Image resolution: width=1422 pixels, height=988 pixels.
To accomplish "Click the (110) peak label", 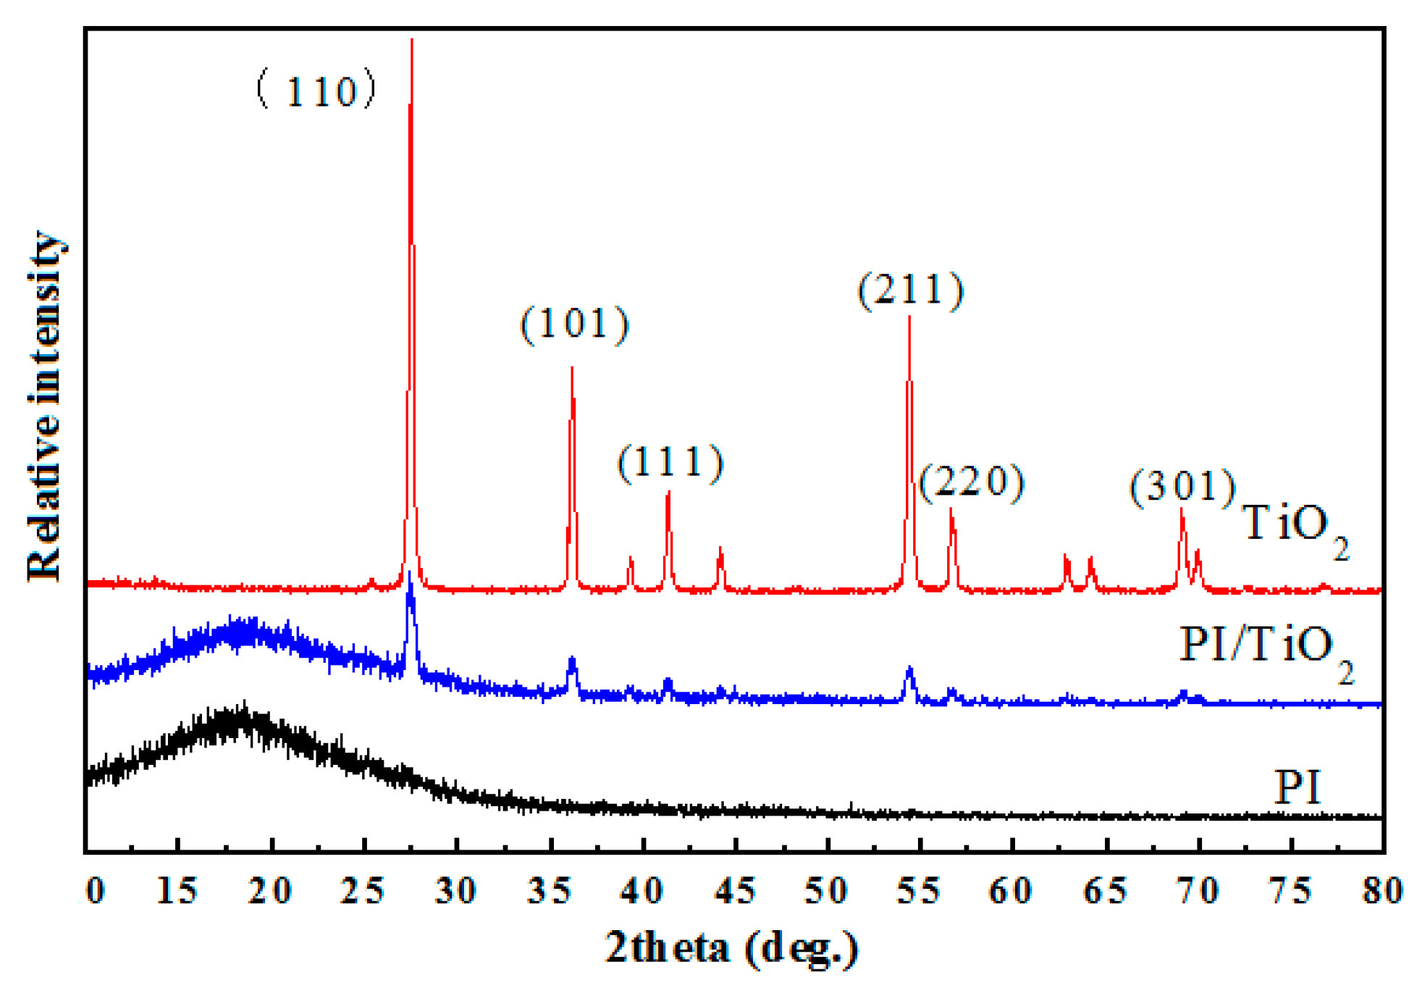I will (x=316, y=91).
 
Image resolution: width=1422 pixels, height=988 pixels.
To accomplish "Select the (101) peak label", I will (x=575, y=324).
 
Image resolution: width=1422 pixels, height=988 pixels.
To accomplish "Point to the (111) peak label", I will (x=670, y=463).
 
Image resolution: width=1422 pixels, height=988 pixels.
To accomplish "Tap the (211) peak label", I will (x=911, y=290).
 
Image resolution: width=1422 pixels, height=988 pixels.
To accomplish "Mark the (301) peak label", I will (x=1183, y=486).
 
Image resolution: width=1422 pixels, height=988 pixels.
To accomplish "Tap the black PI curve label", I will (x=1297, y=787).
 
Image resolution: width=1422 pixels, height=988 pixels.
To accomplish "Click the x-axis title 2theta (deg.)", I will (x=731, y=947).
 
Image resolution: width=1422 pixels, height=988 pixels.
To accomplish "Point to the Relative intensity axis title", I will (x=45, y=406).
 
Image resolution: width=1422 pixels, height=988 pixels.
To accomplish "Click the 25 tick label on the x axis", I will (x=363, y=891).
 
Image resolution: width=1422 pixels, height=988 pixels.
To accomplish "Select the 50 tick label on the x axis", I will (x=827, y=891).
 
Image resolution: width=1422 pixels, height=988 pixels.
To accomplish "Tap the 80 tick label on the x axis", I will (x=1382, y=891).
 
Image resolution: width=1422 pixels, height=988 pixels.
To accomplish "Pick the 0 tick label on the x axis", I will (x=95, y=891).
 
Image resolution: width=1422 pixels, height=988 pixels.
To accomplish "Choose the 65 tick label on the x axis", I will (x=1105, y=891).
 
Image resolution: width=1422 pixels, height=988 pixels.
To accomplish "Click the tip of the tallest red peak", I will (x=411, y=41).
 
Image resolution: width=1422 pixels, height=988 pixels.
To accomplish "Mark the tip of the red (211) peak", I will (x=909, y=317).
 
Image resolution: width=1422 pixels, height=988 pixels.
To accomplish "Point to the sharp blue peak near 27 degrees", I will (x=410, y=574).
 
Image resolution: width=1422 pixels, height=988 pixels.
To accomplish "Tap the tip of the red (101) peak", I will (x=572, y=368).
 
